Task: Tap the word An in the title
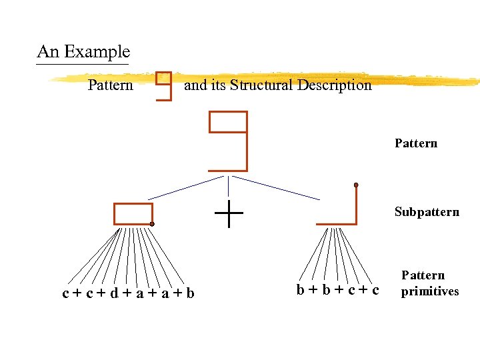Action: pyautogui.click(x=48, y=52)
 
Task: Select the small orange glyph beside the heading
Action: pyautogui.click(x=163, y=86)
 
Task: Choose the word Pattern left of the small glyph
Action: pyautogui.click(x=111, y=85)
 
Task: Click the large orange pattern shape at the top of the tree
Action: pyautogui.click(x=229, y=141)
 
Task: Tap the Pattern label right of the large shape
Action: pyautogui.click(x=416, y=143)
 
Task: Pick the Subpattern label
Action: pyautogui.click(x=427, y=212)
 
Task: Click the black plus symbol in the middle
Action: pyautogui.click(x=229, y=213)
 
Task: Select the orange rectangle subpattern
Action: pyautogui.click(x=133, y=214)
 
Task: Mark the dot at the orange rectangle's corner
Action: pyautogui.click(x=152, y=224)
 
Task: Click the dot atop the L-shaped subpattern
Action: pyautogui.click(x=356, y=185)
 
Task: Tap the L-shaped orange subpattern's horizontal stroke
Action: pyautogui.click(x=336, y=223)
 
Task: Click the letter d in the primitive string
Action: pyautogui.click(x=115, y=293)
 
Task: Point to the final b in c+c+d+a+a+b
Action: pyautogui.click(x=191, y=293)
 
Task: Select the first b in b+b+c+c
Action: pyautogui.click(x=301, y=289)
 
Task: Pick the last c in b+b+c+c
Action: pyautogui.click(x=376, y=289)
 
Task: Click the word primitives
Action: pyautogui.click(x=430, y=291)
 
